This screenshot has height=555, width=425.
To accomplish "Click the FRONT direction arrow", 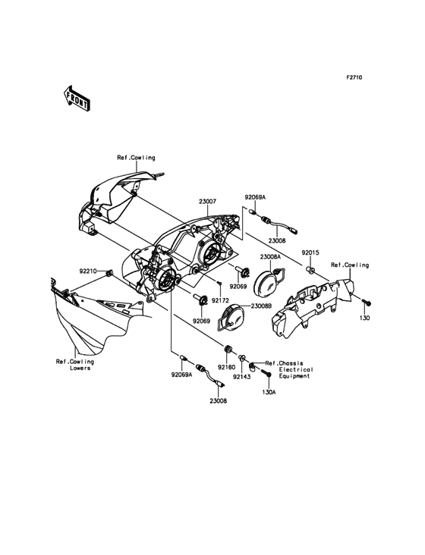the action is point(77,99).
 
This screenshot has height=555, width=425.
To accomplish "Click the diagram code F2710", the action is point(354,77).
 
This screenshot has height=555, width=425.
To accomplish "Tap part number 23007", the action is point(207,202).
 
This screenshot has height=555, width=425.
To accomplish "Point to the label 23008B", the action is point(261,306).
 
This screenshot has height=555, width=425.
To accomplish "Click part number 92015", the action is point(310,252).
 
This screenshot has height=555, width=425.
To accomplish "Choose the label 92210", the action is point(87,271).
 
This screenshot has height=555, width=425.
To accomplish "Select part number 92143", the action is point(241,377).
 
